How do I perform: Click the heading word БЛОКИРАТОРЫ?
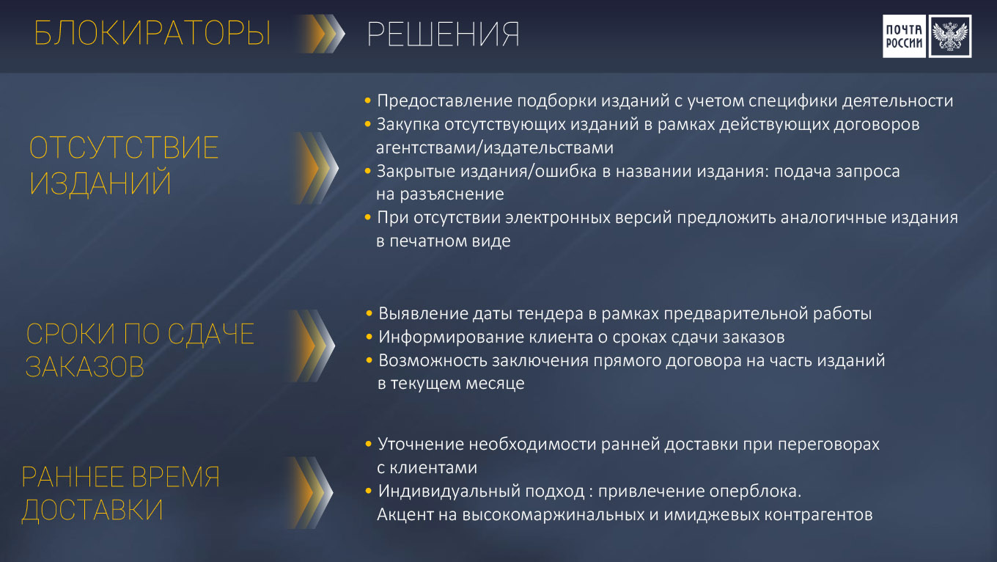(152, 33)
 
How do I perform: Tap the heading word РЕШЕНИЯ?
(443, 34)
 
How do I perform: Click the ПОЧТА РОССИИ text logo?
(904, 36)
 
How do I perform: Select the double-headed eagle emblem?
(950, 36)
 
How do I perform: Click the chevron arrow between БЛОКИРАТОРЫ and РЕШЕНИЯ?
(321, 34)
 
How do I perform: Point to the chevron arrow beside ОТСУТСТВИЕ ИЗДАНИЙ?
(317, 168)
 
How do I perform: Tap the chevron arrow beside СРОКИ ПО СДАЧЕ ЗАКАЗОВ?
(312, 346)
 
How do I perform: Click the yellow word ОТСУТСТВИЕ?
(124, 148)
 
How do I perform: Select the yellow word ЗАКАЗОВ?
(85, 367)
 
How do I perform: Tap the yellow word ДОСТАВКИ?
(92, 510)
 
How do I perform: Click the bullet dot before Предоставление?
(368, 101)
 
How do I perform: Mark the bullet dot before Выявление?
(369, 313)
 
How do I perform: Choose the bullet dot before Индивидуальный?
(368, 491)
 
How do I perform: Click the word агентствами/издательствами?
(495, 148)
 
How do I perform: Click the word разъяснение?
(452, 194)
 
